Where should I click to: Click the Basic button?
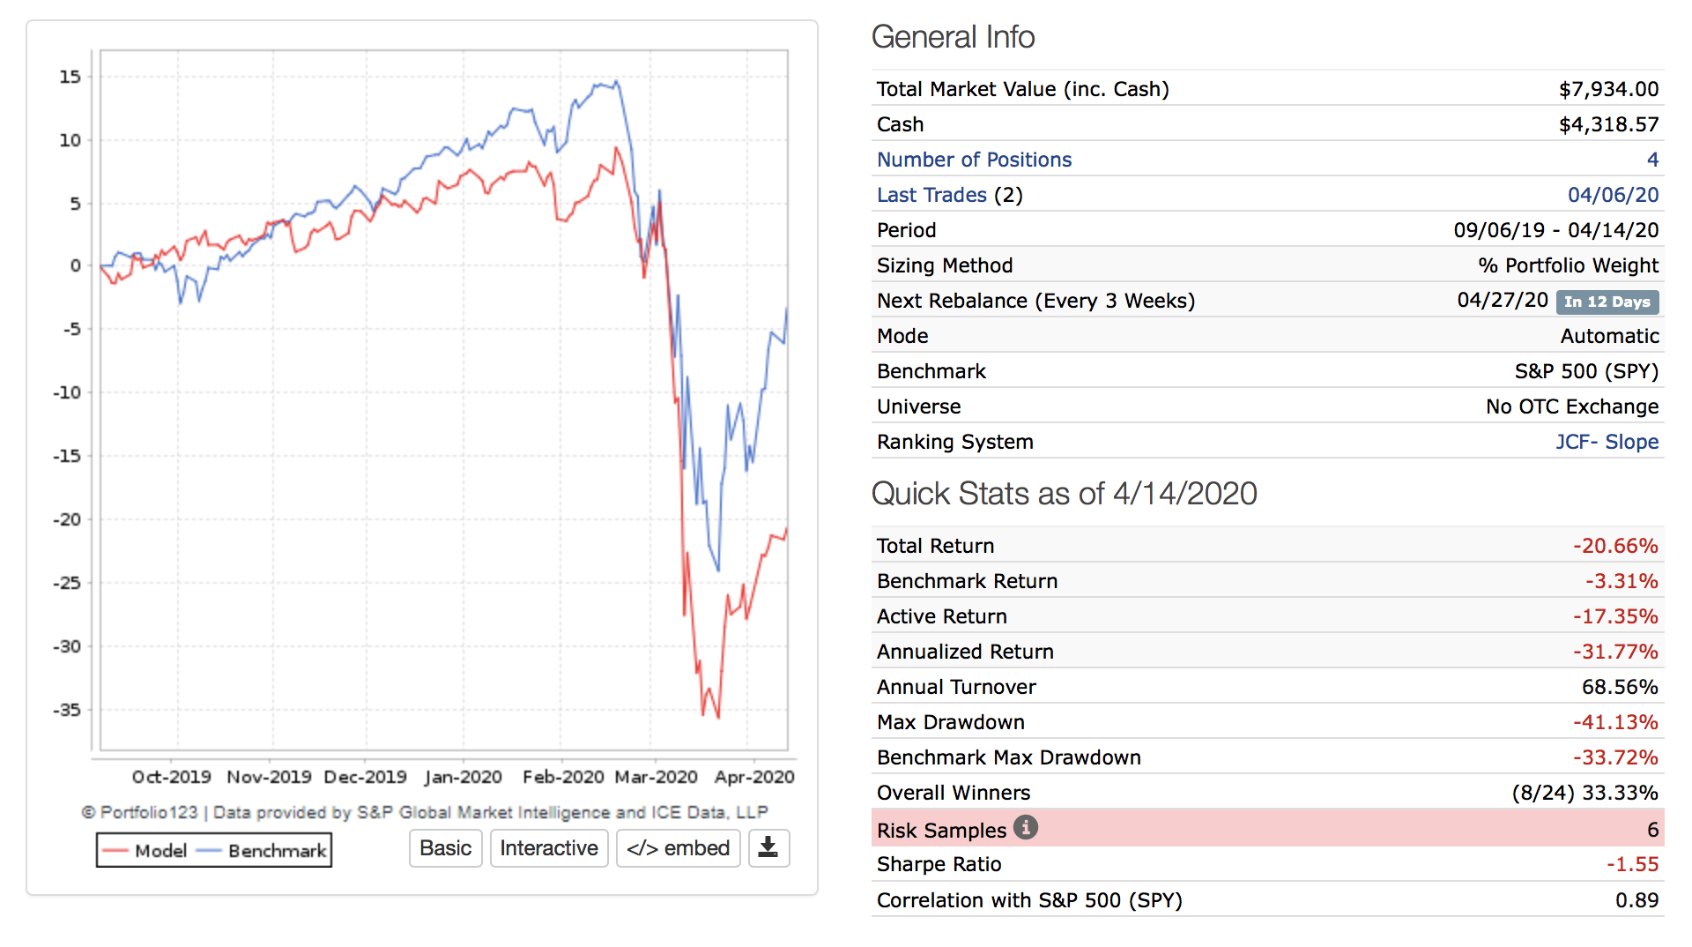tap(445, 848)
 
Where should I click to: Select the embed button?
tap(678, 848)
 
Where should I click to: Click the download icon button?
tap(768, 848)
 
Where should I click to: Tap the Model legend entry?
tap(145, 851)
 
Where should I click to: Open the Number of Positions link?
tap(974, 160)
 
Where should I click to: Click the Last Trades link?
tap(931, 195)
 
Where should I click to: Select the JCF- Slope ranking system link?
tap(1607, 442)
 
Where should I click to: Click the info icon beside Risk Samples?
tap(1026, 828)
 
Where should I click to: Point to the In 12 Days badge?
tap(1607, 302)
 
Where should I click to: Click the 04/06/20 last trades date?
tap(1613, 195)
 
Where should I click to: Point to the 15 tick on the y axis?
tap(70, 77)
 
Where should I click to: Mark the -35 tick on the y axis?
tap(67, 710)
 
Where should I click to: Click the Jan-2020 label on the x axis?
tap(464, 777)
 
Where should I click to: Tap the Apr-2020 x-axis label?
tap(754, 777)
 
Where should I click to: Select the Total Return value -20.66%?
tap(1615, 546)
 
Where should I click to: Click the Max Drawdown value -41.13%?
tap(1615, 722)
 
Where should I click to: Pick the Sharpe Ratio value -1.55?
tap(1632, 864)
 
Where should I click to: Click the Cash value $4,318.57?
tap(1608, 124)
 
